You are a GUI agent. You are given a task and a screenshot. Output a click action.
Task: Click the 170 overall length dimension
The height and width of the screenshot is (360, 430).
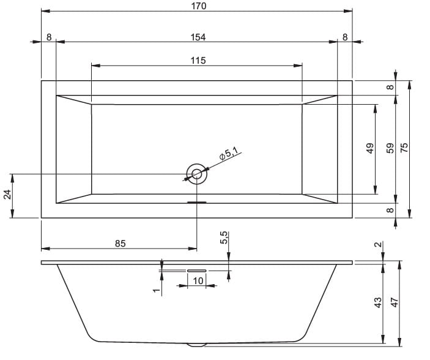199,6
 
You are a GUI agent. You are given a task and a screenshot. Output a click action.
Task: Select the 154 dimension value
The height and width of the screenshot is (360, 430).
198,37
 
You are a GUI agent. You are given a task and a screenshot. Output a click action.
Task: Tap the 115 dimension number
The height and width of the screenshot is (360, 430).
198,61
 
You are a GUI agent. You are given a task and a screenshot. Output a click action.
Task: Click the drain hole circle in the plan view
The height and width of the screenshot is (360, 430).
196,174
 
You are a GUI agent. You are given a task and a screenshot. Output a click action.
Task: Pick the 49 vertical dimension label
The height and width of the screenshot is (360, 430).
370,148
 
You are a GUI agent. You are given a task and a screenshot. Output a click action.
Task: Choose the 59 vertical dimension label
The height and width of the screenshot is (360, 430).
390,148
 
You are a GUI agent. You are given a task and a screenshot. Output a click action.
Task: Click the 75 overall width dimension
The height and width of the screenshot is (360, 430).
404,148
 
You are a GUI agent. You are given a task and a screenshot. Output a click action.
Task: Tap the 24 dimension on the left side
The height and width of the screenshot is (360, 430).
7,195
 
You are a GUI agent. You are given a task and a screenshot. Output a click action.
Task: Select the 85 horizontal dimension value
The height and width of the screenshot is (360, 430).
120,244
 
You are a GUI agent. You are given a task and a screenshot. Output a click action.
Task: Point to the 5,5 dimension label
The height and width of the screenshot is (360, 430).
223,238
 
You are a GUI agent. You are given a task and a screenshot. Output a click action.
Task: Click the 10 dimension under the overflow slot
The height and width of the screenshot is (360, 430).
198,280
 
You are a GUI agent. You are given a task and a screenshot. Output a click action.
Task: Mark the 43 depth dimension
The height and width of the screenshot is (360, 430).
377,302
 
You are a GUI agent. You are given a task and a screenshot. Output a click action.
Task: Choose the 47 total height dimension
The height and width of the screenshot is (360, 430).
394,302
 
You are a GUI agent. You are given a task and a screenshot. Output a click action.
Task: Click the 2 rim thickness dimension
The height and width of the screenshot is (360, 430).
378,244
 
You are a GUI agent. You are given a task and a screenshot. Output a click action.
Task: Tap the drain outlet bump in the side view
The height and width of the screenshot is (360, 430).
196,345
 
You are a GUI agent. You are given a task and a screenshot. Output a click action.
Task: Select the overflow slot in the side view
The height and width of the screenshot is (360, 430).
196,271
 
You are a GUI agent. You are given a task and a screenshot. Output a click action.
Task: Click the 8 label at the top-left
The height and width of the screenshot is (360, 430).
49,37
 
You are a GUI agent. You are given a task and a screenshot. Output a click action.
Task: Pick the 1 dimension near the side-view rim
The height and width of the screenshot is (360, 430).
157,290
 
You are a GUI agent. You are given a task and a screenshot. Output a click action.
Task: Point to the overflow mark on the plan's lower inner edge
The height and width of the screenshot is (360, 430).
196,203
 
